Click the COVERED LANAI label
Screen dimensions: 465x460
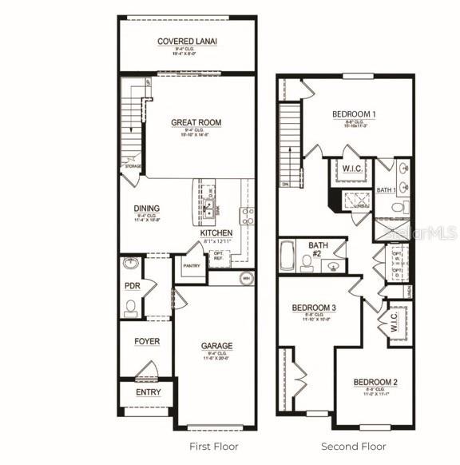188,41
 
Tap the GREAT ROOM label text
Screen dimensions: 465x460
196,122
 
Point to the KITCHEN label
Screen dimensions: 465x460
216,232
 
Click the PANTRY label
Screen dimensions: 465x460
191,265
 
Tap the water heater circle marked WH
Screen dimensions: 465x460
246,278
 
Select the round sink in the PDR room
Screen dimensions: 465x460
131,264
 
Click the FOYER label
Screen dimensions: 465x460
146,341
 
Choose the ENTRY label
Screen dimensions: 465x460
148,392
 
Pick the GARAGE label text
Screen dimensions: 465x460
216,346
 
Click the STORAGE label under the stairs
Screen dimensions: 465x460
133,166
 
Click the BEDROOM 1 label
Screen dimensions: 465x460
354,114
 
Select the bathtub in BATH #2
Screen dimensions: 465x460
288,257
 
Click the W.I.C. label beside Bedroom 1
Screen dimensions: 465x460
351,169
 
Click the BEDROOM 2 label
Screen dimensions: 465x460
375,382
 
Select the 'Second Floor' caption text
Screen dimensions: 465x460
353,446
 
